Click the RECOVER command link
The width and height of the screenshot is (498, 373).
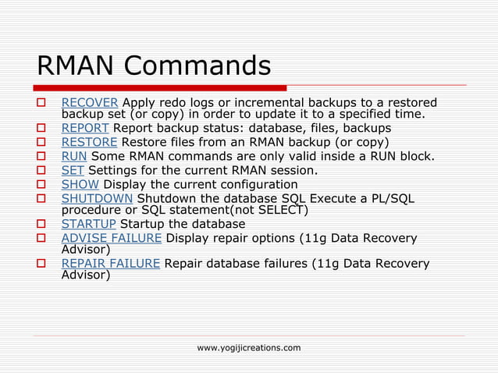click(x=90, y=103)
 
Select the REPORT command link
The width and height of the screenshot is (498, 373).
click(x=86, y=128)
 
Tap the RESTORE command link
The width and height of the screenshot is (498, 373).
click(x=89, y=142)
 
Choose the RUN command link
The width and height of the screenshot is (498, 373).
click(x=74, y=156)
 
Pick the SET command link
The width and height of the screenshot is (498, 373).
click(x=73, y=170)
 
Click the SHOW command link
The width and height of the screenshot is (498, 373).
click(x=80, y=185)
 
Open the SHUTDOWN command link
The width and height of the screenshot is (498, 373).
click(x=97, y=199)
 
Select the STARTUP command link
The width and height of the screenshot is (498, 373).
click(x=88, y=224)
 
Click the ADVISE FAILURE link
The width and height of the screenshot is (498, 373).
click(x=112, y=238)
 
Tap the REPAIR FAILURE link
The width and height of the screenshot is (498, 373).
click(x=111, y=263)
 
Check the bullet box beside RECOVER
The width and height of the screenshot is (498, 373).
click(x=43, y=104)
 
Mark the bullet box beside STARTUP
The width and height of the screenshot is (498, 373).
click(x=43, y=225)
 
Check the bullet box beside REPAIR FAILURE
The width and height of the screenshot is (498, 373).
click(x=43, y=264)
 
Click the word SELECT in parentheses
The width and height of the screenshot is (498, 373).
click(x=282, y=210)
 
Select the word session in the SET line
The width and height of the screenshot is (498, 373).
click(x=293, y=170)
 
